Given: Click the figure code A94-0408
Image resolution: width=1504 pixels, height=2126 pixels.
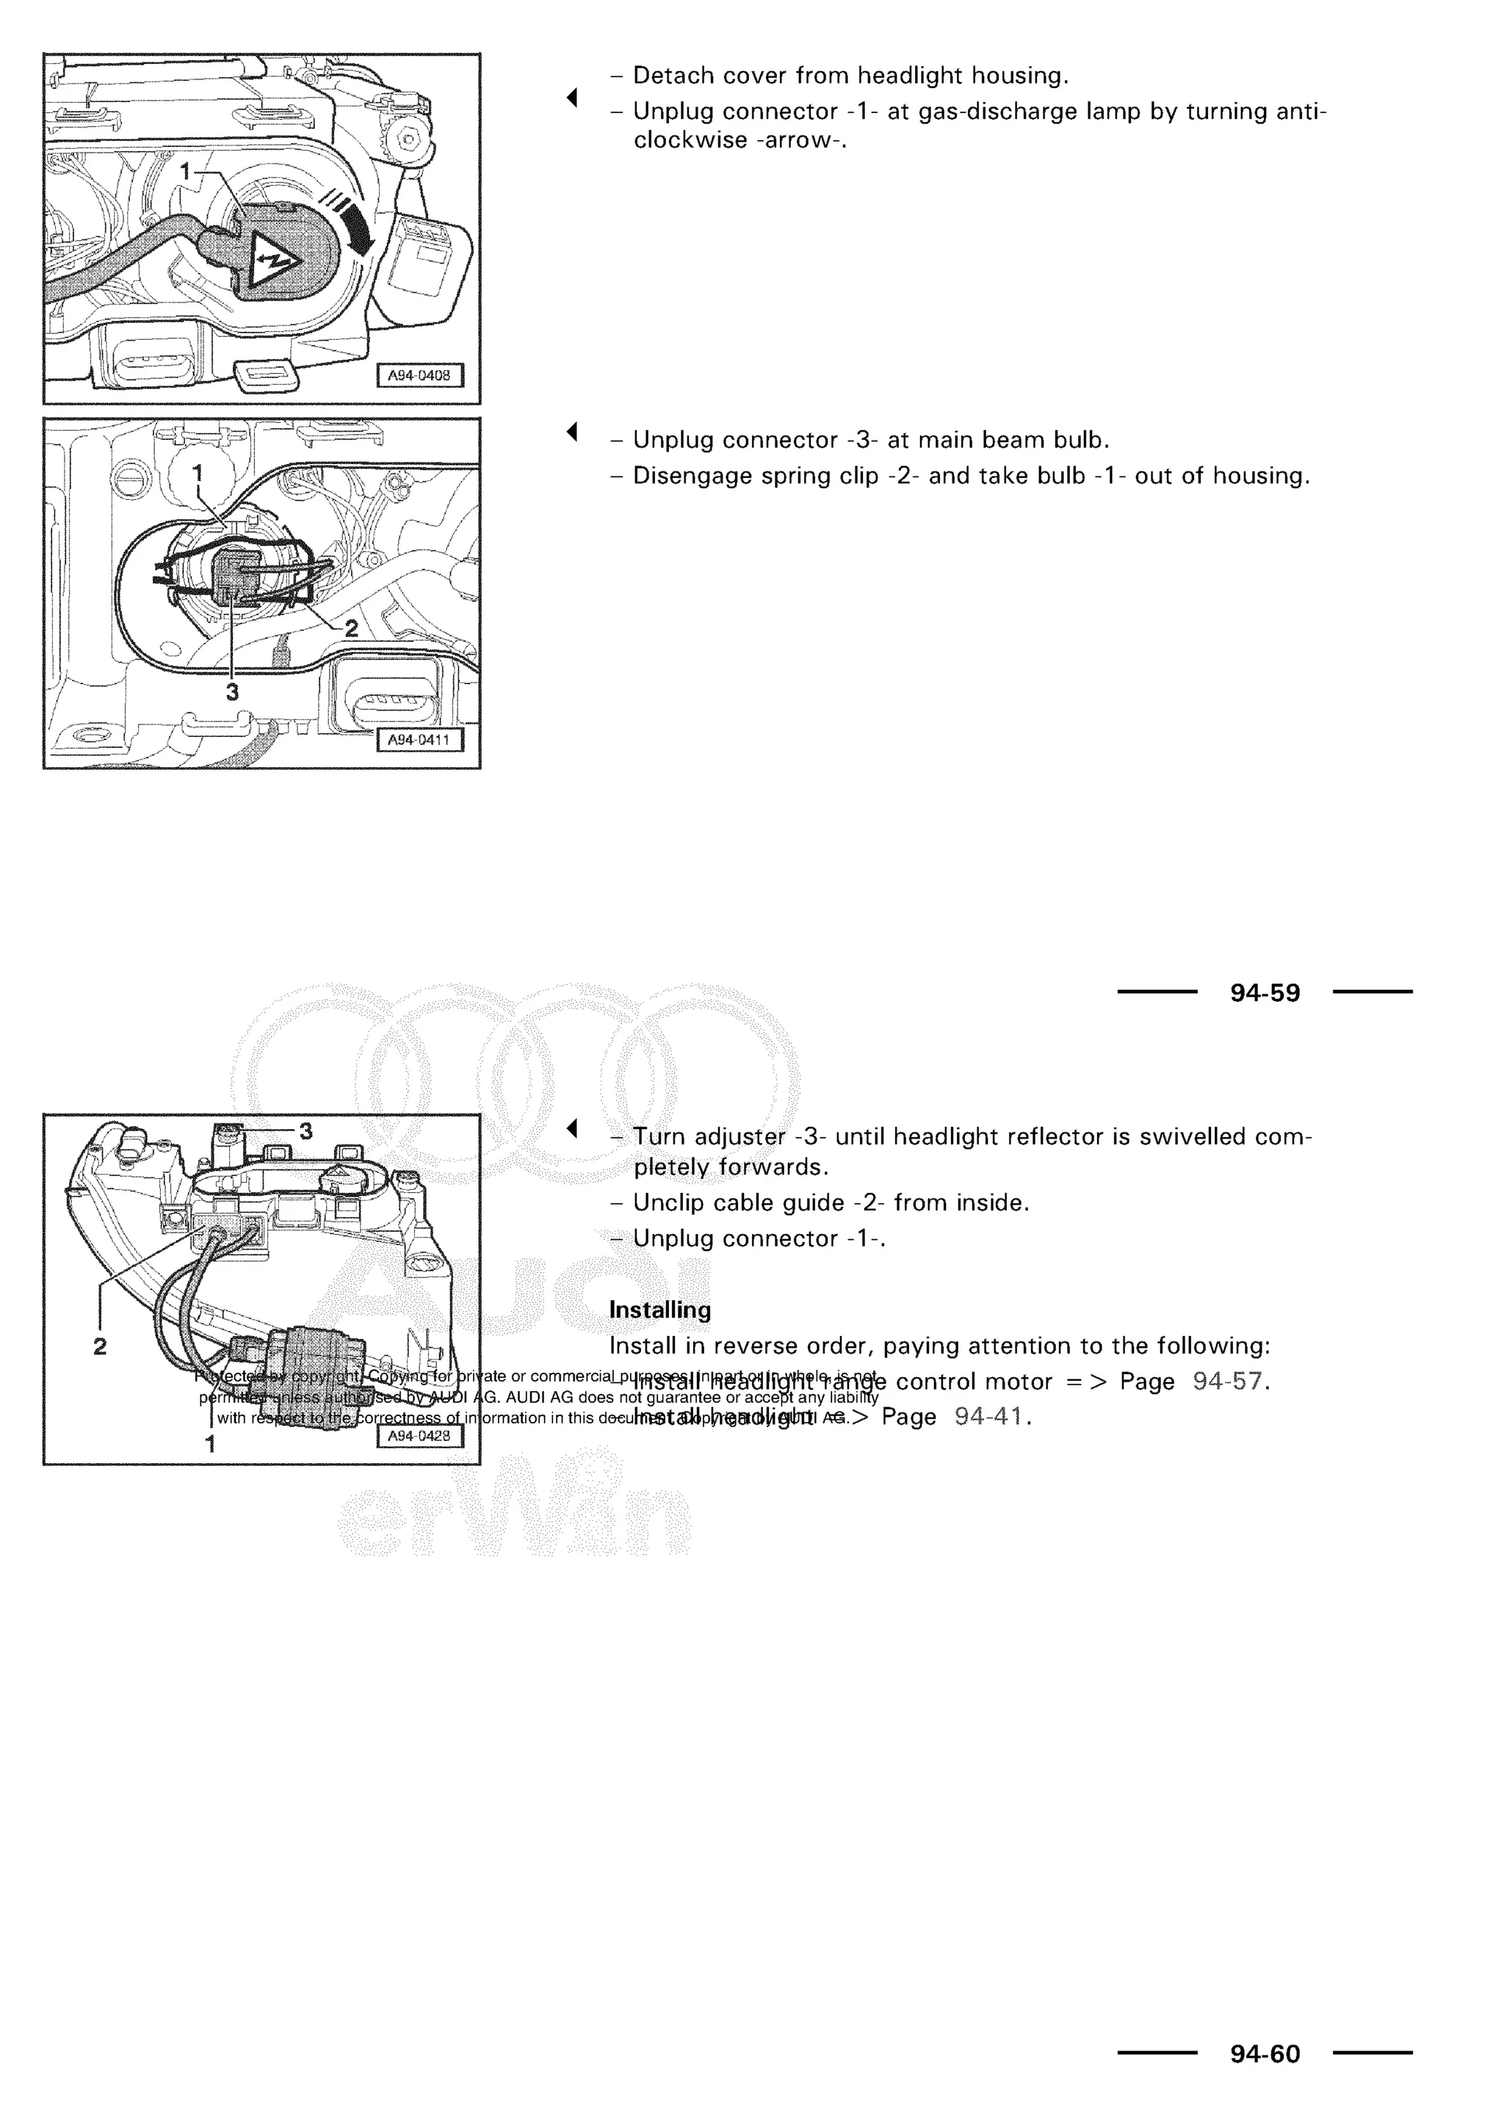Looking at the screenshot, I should [419, 375].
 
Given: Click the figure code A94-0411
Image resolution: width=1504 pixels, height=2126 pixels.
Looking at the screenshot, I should [419, 740].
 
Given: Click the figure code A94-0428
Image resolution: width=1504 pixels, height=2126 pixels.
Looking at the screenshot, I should [419, 1436].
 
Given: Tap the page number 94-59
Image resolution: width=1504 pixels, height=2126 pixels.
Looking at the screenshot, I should [1265, 993].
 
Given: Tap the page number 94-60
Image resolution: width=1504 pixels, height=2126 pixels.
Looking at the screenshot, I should [1265, 2054].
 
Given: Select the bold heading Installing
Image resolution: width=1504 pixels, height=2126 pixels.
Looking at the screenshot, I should [660, 1310].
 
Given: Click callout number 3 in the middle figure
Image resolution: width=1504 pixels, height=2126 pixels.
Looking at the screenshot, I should [233, 692].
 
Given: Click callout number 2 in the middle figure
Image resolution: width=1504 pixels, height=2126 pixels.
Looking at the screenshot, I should [351, 628].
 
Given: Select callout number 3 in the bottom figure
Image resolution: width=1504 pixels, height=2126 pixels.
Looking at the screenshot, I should [305, 1131].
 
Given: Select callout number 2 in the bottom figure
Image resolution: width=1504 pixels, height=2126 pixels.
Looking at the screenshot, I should [100, 1346].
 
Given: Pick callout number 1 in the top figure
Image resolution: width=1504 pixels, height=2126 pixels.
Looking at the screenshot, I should [185, 171].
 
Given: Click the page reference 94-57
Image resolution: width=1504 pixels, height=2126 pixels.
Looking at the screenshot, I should [1227, 1382].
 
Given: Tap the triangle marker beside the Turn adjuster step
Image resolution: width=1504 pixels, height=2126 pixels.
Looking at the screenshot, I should [572, 1129].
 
